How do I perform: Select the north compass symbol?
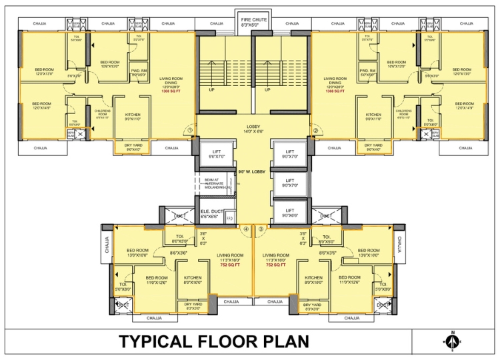452,341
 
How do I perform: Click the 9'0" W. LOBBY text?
253,172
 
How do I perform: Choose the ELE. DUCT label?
212,214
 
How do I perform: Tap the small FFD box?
229,217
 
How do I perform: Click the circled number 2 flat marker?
315,130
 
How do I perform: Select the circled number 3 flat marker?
261,229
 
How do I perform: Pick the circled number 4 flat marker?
246,229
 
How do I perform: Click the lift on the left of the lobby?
215,155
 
